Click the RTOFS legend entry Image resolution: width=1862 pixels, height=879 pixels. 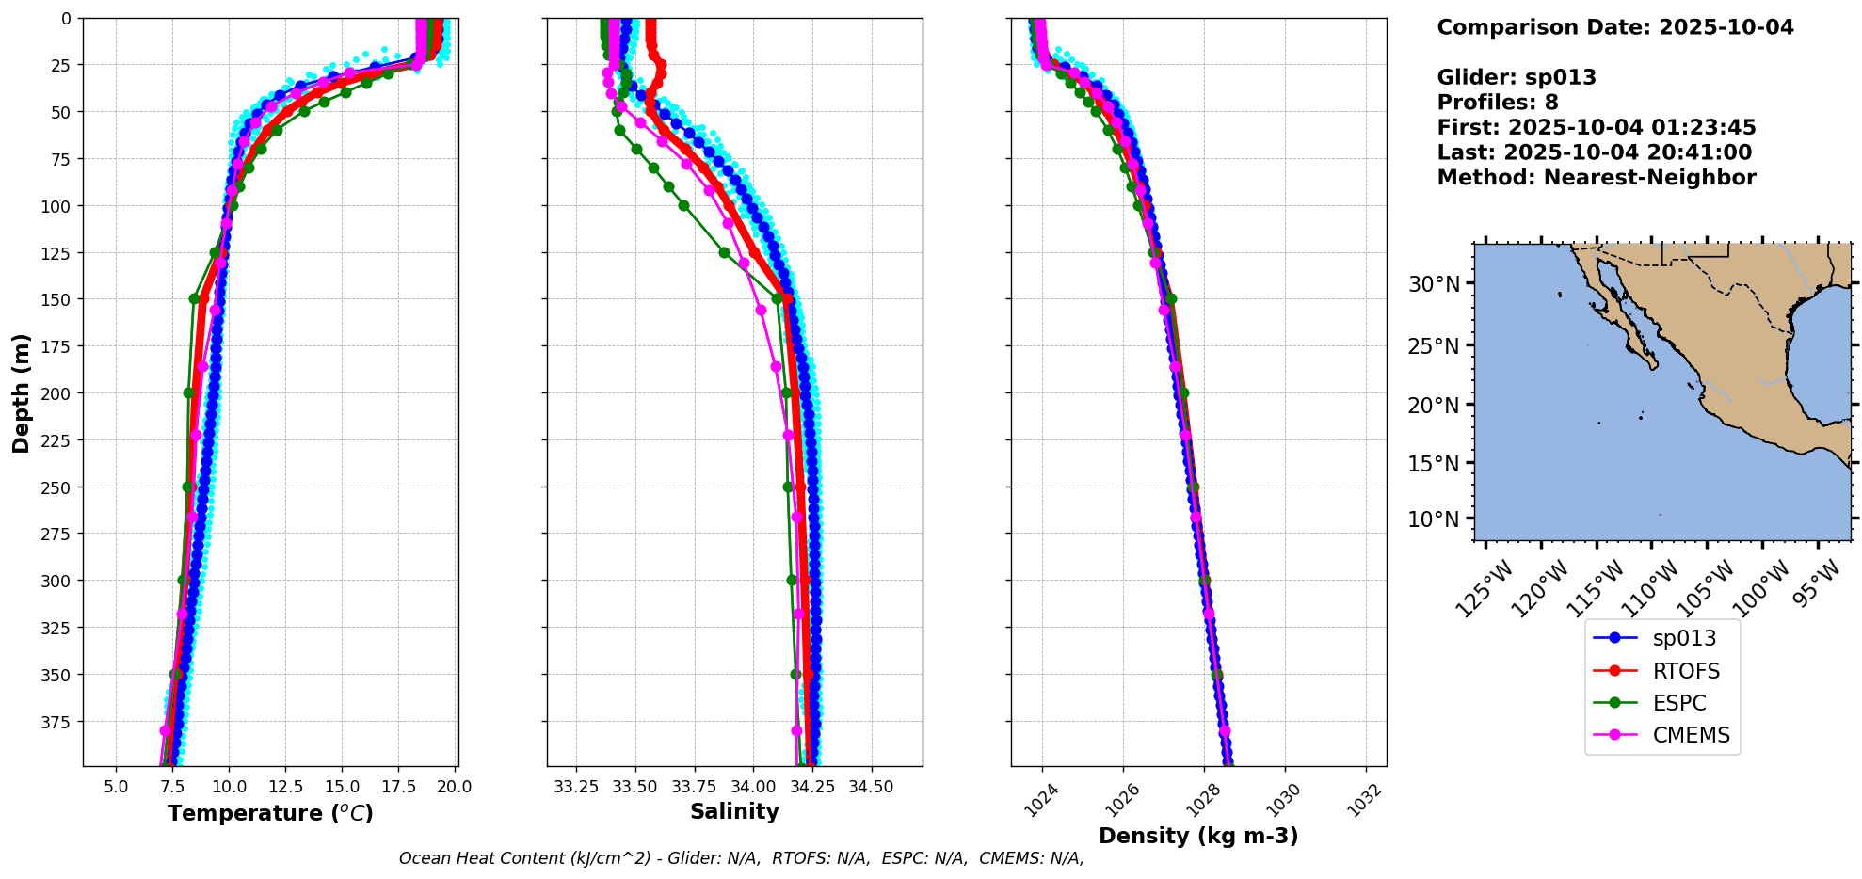click(1685, 671)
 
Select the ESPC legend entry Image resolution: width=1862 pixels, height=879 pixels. click(1678, 703)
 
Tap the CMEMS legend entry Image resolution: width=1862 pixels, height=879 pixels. click(1691, 735)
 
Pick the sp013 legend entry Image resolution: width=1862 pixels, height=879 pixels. click(1684, 638)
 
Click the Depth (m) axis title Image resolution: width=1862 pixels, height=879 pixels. click(21, 392)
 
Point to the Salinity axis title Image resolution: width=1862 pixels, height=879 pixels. click(734, 812)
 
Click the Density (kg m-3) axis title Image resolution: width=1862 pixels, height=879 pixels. click(1198, 836)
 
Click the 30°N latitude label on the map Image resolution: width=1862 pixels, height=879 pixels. click(1434, 284)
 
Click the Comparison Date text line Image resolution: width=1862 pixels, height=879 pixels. click(1614, 27)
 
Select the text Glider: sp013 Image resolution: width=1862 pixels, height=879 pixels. click(1517, 77)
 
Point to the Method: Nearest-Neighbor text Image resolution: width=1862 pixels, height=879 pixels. click(1596, 178)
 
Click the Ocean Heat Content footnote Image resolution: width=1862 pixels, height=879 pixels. click(741, 858)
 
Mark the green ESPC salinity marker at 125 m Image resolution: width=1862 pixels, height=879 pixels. click(724, 252)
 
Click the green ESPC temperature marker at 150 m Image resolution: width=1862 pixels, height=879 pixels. click(194, 299)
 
